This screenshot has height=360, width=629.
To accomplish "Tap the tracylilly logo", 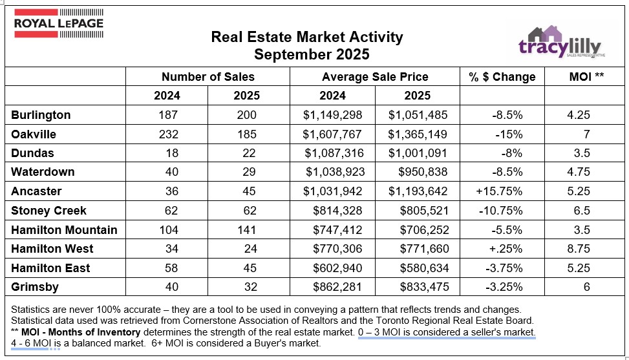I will pos(560,43).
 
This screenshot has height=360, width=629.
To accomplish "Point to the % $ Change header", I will pos(502,76).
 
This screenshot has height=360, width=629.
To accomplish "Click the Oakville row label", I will pos(34,134).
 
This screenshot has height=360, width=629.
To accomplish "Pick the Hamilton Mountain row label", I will pos(64,229).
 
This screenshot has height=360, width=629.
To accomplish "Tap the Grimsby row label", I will pos(33,286).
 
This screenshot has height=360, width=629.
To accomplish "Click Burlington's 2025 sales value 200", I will pos(246,115).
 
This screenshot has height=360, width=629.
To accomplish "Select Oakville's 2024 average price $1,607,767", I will pos(333,134).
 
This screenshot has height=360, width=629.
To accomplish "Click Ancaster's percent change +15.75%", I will pos(497,191).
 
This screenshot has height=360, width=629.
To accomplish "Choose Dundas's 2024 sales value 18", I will pos(167,153).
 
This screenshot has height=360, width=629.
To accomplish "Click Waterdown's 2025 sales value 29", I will pos(246,173).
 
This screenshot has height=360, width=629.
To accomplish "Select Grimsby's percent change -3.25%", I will pos(502,286).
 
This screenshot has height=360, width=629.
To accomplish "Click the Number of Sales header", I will pos(208,76).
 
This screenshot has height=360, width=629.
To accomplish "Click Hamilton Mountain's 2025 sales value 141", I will pos(246,229).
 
